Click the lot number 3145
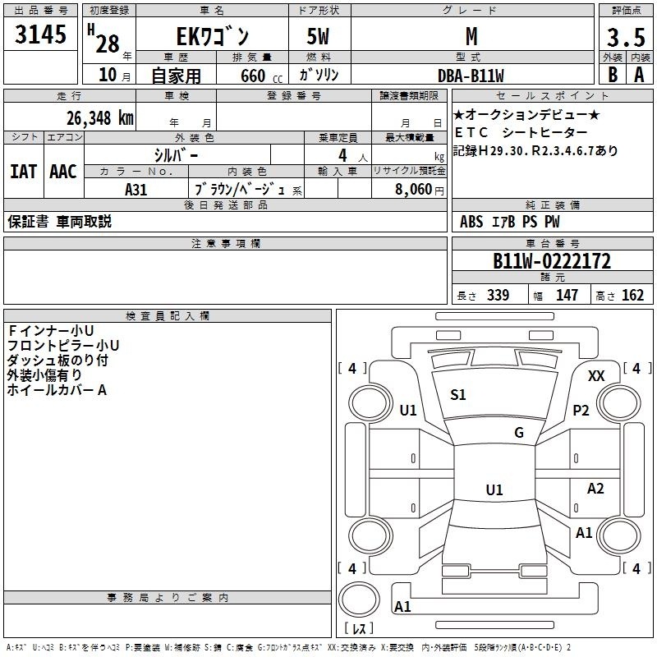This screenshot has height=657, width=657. coord(40,34)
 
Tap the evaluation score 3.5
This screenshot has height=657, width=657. coord(626,37)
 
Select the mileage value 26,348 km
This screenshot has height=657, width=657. coord(99,118)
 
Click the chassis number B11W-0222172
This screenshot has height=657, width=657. coord(552,260)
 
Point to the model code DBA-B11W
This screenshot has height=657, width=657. coord(471,76)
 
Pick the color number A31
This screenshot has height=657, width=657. coord(136,190)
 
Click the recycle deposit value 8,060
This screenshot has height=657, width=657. coord(414,189)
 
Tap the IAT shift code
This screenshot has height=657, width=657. coord(24,172)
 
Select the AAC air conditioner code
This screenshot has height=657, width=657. coord(63,172)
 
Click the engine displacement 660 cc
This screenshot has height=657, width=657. coord(261,76)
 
